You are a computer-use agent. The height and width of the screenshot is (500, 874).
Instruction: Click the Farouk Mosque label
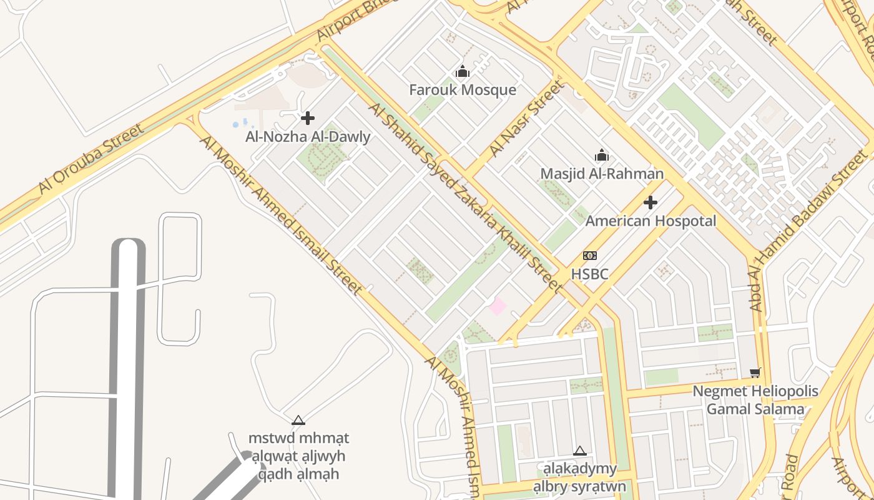(x=463, y=90)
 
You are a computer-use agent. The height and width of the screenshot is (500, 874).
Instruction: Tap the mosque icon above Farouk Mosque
(x=463, y=72)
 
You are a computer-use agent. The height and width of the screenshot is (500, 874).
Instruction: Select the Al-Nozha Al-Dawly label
(x=308, y=137)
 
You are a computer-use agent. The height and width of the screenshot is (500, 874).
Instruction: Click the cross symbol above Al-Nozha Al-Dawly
(x=308, y=117)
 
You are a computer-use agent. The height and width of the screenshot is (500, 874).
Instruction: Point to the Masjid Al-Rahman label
(x=602, y=174)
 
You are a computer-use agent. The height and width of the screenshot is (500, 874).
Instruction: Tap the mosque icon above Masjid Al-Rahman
(x=602, y=155)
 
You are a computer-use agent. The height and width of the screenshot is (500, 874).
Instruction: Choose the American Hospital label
(x=651, y=221)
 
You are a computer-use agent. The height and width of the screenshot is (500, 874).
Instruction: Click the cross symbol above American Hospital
(x=651, y=202)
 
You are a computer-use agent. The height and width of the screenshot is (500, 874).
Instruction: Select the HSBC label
(x=589, y=274)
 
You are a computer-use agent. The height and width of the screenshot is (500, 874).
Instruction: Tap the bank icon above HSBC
(x=589, y=256)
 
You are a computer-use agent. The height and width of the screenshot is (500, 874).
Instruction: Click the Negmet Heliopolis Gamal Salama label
(x=755, y=401)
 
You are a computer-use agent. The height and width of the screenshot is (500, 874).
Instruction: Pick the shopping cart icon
(x=755, y=373)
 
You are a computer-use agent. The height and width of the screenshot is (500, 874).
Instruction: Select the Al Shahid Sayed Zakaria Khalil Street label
(x=465, y=197)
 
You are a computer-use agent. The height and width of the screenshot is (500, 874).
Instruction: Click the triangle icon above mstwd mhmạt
(x=298, y=420)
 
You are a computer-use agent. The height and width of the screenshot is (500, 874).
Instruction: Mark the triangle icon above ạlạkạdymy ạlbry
(x=580, y=451)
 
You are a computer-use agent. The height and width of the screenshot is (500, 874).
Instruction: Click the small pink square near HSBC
(x=498, y=306)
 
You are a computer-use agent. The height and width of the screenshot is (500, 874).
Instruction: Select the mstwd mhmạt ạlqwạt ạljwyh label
(x=298, y=456)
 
